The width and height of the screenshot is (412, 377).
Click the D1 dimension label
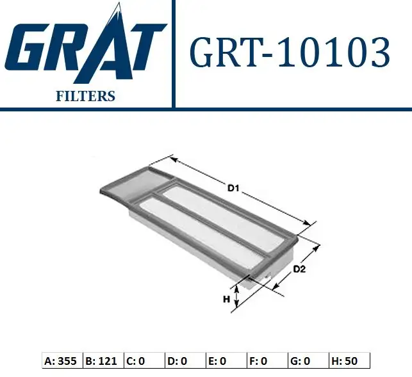[x=233, y=188]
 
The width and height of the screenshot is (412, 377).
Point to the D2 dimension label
[x=299, y=269]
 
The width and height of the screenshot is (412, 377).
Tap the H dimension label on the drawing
[x=226, y=299]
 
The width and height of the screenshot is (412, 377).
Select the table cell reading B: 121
[x=101, y=361]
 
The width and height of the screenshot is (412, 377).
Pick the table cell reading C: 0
[x=142, y=361]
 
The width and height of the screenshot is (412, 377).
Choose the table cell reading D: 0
[x=183, y=361]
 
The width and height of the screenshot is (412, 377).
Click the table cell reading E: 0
[x=224, y=361]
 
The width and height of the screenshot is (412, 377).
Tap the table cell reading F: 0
[x=265, y=361]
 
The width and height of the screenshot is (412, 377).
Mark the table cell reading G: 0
[x=306, y=361]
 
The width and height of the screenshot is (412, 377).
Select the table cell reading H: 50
[x=348, y=361]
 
